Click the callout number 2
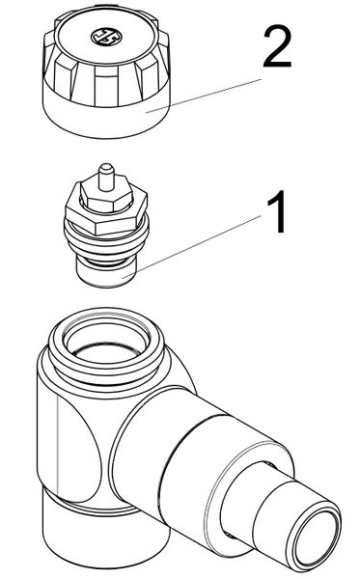pyautogui.click(x=276, y=48)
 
